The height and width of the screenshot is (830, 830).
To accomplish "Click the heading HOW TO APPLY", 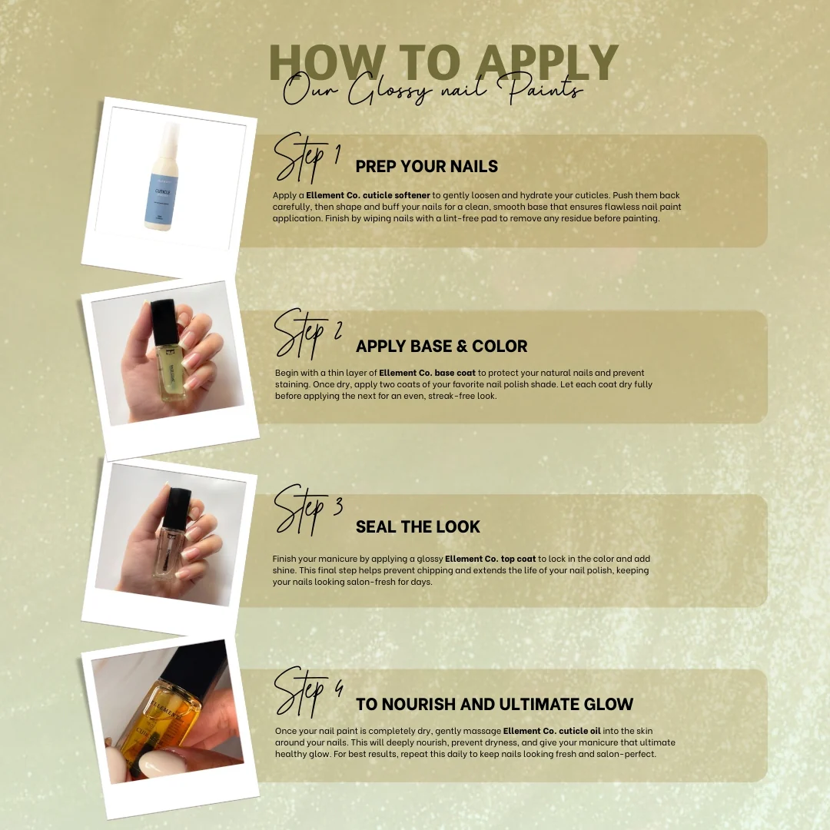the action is [443, 62].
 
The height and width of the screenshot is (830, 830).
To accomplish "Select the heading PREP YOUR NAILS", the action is [427, 166].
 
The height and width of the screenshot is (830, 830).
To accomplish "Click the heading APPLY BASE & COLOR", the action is [441, 346].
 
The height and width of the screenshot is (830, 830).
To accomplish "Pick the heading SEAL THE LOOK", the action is [417, 526].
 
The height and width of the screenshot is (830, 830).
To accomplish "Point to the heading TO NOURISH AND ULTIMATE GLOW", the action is [494, 704].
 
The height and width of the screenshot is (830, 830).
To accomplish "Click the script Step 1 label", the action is [307, 158].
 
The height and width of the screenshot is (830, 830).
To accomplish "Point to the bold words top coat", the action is [518, 559].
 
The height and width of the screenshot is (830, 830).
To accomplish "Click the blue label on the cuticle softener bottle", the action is [161, 198].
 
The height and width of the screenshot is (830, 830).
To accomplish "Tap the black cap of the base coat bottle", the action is [163, 321].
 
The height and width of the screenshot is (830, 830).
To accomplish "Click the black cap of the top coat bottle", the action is [177, 506].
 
